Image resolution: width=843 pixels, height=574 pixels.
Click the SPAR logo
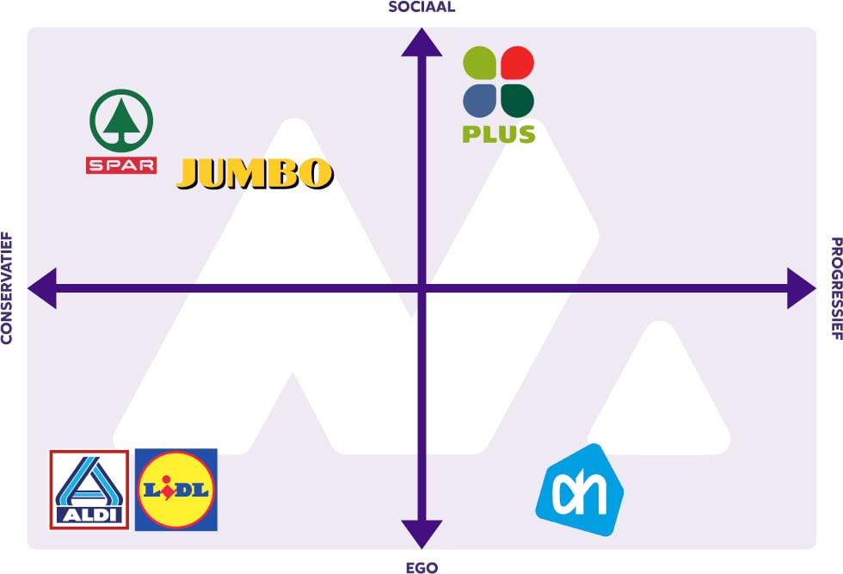pos(121,131)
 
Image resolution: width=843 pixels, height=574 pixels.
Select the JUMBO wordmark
pos(255,174)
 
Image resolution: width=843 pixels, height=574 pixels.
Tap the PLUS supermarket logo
pos(499,95)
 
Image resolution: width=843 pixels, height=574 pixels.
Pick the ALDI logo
pos(89,490)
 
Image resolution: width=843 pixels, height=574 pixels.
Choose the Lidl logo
pos(176,490)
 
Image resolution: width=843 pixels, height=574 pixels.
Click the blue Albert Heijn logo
pos(579,491)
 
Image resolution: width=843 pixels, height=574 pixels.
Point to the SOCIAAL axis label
pos(421,8)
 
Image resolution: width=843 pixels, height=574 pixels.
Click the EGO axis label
pos(421,567)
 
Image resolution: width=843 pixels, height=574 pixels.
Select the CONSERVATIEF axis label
pos(7,287)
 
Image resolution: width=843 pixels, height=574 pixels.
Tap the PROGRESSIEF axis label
pos(835,287)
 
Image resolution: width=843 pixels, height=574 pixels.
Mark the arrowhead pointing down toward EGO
pos(421,534)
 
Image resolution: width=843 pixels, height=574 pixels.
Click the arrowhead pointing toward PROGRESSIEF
pos(801,287)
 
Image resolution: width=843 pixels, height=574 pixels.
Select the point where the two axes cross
pos(421,287)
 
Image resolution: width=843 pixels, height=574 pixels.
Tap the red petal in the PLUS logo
pos(517,63)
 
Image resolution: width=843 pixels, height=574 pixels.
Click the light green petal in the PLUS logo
pos(480,63)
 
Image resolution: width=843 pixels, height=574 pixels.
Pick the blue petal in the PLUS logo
pos(480,100)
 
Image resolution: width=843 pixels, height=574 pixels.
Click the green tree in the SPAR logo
pos(121,120)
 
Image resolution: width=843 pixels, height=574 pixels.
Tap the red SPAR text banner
pos(121,164)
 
